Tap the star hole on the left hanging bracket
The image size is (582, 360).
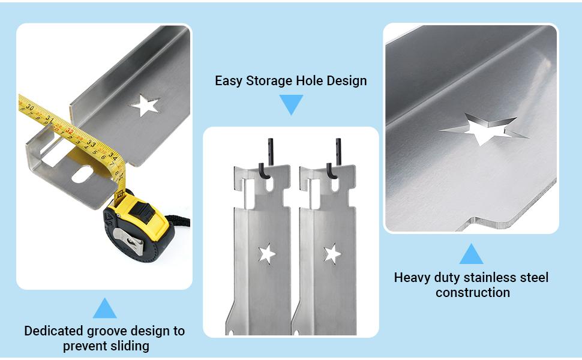266,254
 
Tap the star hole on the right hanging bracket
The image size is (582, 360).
332,254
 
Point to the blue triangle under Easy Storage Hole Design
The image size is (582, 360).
292,104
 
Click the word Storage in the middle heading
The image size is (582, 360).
271,80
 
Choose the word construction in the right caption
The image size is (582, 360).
472,293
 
